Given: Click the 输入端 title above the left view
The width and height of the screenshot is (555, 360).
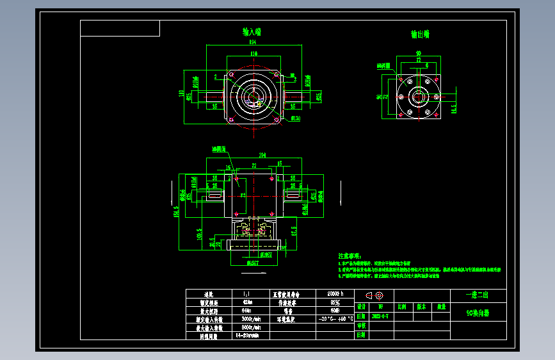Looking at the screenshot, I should [251, 31].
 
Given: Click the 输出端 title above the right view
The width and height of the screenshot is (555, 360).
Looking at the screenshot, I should [420, 34].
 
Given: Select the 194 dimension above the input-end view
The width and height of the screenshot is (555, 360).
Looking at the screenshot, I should [253, 43].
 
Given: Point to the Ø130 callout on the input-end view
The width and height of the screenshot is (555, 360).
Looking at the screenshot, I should [296, 119].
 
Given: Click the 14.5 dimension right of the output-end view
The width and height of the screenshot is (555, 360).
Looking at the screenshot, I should [453, 108].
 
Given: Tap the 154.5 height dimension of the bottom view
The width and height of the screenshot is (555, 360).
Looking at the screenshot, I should [177, 211].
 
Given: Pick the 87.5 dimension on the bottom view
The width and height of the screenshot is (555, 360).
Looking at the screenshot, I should [293, 230].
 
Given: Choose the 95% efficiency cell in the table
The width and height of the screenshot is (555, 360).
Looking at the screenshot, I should [335, 302].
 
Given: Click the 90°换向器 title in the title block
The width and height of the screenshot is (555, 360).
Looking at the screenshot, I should [478, 314].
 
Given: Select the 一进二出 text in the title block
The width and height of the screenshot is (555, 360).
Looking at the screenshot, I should [478, 295].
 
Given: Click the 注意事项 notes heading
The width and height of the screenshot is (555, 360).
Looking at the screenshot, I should [350, 255].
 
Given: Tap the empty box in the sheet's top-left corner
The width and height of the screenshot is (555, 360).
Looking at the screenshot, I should [120, 28].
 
